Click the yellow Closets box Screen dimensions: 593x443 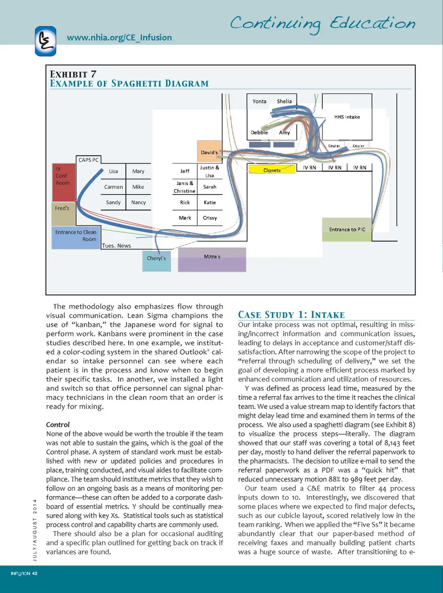click(x=272, y=169)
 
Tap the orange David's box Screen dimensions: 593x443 click(x=209, y=151)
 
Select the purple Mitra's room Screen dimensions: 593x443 click(x=212, y=259)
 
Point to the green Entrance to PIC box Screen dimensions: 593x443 click(x=347, y=230)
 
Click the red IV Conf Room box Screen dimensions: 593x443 click(x=63, y=182)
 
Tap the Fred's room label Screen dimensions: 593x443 click(x=62, y=208)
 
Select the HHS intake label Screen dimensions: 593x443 click(x=347, y=117)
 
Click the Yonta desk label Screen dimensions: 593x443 click(x=259, y=101)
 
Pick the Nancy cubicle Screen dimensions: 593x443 click(x=138, y=202)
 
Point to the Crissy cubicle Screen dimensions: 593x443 click(x=210, y=218)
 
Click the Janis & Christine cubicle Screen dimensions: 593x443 click(x=185, y=187)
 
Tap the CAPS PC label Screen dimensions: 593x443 click(x=88, y=160)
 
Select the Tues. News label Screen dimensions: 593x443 click(x=116, y=246)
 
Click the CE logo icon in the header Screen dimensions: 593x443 click(x=46, y=41)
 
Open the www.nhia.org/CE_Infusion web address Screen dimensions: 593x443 click(x=119, y=37)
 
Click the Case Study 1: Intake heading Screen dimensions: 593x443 click(x=291, y=315)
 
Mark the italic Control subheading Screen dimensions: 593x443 click(x=58, y=424)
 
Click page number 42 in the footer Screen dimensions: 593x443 click(x=35, y=573)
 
